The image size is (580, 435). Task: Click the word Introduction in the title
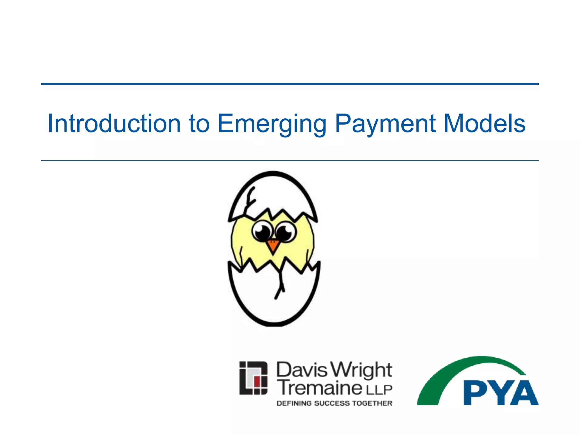click(x=114, y=123)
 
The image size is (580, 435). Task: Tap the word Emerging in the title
click(x=272, y=124)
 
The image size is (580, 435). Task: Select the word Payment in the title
click(x=385, y=124)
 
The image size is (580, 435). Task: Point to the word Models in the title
click(x=485, y=123)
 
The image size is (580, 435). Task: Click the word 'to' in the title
click(x=199, y=124)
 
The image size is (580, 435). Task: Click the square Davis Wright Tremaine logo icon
click(x=253, y=378)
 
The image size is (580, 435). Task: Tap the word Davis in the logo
click(x=301, y=370)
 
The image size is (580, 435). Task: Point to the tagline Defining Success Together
click(x=334, y=403)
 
